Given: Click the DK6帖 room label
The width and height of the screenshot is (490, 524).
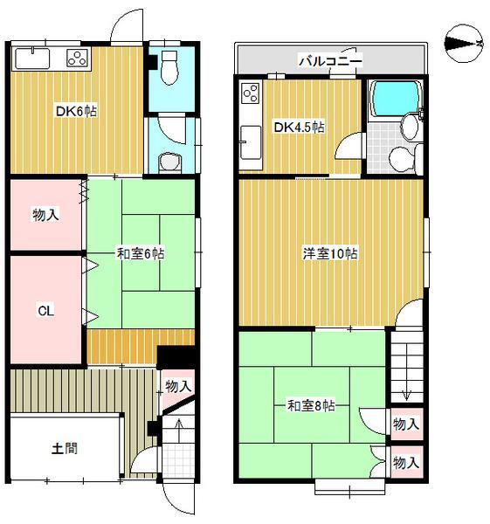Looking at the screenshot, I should point(75,111).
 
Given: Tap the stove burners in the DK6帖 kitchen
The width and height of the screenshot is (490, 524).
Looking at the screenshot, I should point(78,59).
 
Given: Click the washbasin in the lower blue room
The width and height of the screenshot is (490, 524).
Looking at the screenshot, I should point(170,162).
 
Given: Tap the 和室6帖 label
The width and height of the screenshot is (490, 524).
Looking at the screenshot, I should point(141,254).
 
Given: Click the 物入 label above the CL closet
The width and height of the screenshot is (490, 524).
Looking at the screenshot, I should point(45,214).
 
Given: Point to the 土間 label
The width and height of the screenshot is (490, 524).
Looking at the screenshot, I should point(64,449).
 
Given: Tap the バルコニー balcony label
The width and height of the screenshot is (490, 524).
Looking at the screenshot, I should point(330,61).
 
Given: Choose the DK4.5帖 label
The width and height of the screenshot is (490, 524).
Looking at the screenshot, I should point(300,128).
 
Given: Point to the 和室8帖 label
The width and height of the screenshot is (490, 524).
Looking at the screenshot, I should point(313,405).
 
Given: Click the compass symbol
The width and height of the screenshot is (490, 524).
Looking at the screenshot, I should point(463,41).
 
